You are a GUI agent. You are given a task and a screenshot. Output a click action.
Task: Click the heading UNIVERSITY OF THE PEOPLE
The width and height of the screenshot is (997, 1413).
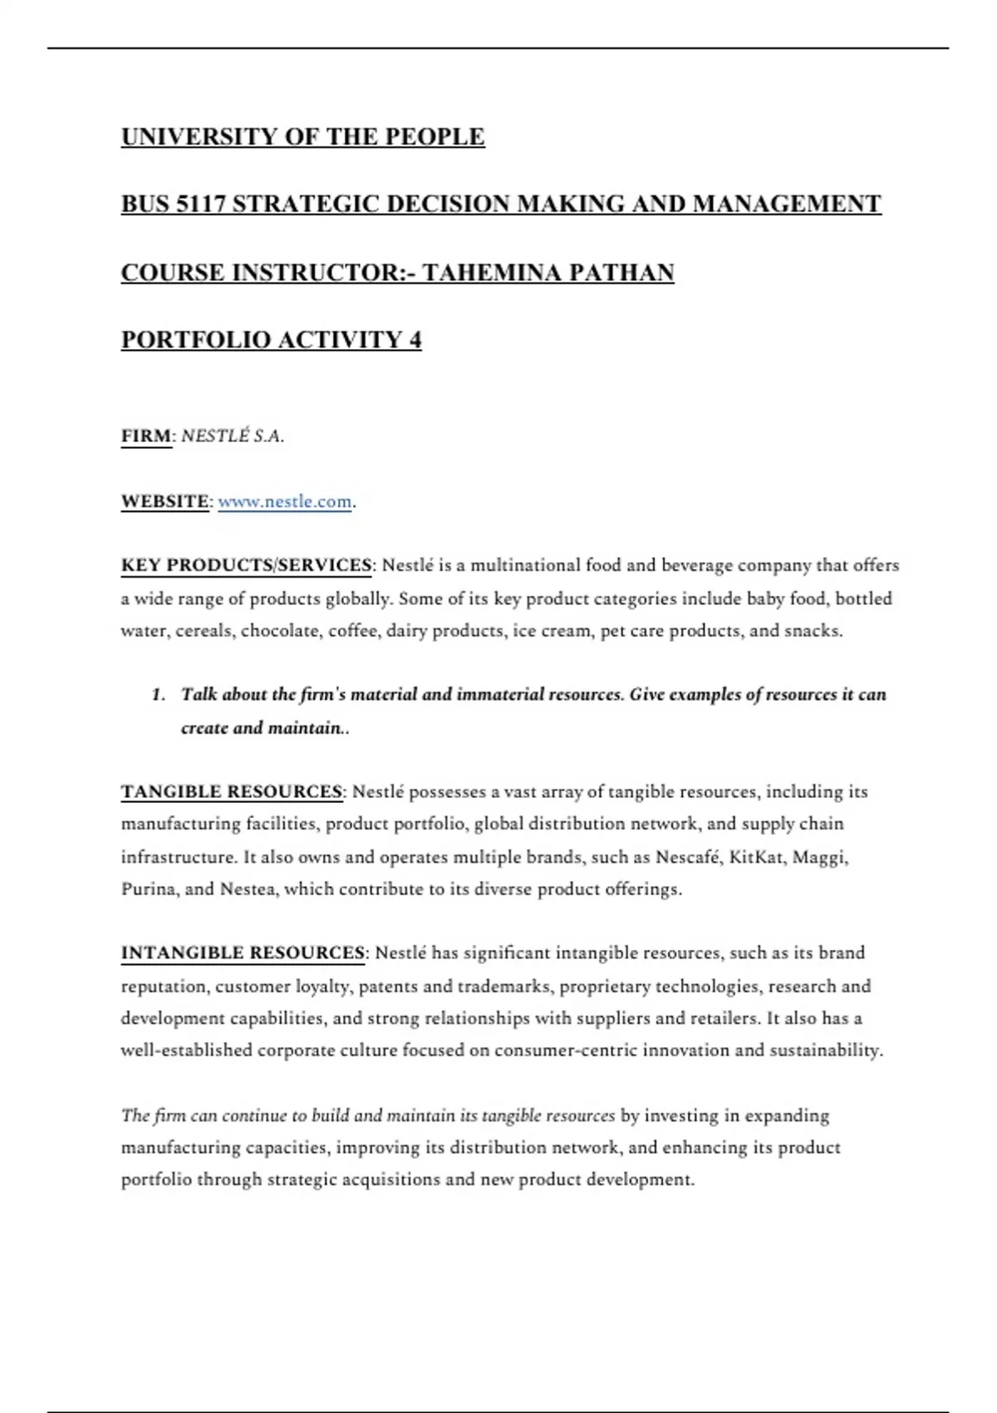[x=302, y=136]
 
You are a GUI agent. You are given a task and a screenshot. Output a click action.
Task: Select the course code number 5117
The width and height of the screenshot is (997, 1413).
[x=201, y=204]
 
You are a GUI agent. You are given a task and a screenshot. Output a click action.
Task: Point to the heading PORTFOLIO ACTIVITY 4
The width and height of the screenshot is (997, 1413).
[x=271, y=340]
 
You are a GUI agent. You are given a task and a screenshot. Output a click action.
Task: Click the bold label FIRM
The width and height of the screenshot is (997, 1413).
[x=146, y=436]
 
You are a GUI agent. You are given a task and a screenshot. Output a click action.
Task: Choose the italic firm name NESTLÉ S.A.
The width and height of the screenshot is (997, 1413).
[x=233, y=436]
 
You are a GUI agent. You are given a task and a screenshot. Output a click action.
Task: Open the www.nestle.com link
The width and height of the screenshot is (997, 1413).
[x=284, y=502]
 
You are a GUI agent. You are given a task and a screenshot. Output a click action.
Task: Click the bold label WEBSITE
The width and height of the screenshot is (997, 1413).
[x=165, y=502]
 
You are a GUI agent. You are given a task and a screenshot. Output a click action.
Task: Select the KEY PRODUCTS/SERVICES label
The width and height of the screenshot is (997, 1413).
[x=246, y=566]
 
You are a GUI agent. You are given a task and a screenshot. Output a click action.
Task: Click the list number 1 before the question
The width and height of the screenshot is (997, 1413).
[x=158, y=695]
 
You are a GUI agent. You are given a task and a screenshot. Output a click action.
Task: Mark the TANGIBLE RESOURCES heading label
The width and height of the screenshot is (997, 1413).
[x=232, y=792]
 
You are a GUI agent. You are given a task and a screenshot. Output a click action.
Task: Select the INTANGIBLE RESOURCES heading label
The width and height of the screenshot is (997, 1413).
[x=243, y=953]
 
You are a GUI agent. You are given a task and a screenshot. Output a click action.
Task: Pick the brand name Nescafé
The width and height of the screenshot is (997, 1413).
[x=686, y=857]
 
